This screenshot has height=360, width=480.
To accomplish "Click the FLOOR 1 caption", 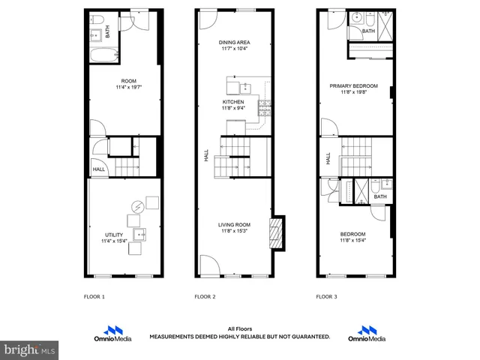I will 94,297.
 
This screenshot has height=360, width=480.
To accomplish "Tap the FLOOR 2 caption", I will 205,297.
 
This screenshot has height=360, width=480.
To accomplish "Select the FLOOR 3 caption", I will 326,297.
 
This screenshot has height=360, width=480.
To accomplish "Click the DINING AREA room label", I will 234,43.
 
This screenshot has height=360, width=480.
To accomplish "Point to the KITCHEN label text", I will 233,101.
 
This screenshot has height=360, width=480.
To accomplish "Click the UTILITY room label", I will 112,235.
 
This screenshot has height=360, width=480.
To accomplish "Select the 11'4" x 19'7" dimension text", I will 128,87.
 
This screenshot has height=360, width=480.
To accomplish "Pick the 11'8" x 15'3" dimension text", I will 233,230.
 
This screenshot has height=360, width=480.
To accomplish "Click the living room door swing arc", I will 210,263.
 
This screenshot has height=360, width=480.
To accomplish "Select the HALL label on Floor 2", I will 206,156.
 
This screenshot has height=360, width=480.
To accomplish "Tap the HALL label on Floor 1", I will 98,169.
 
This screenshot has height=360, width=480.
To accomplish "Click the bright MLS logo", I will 29,349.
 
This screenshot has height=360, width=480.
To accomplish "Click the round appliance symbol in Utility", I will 138,207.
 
